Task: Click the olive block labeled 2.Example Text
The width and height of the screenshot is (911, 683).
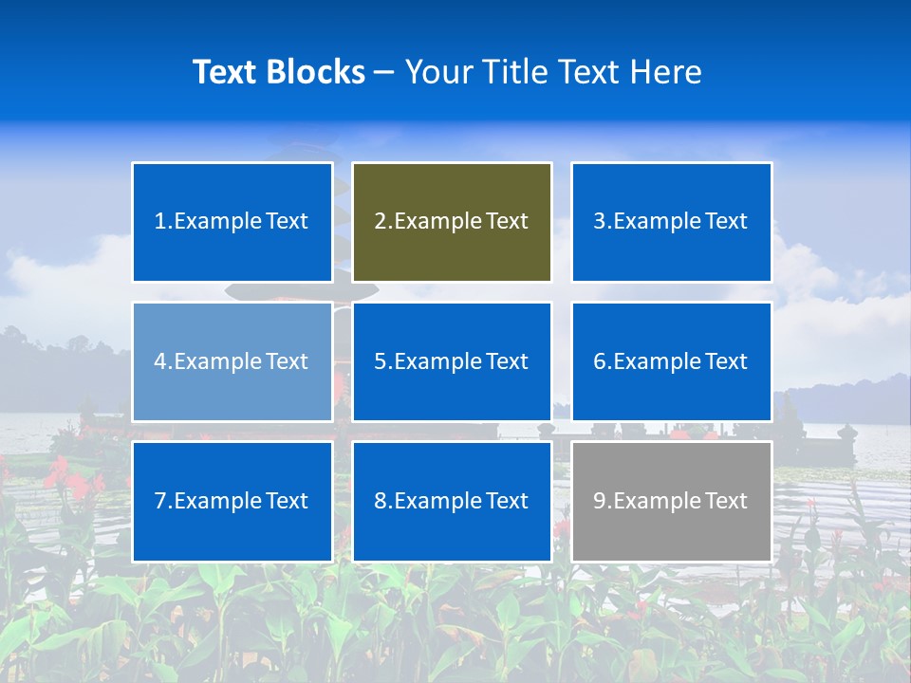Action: pos(452,222)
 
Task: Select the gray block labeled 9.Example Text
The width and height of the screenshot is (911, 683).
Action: pos(671,501)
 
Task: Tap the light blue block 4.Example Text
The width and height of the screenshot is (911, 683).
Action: pos(232,361)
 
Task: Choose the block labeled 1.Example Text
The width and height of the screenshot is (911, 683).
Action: pos(232,222)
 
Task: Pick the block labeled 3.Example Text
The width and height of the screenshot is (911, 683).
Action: pos(671,222)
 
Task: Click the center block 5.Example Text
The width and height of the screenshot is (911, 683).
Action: pos(452,361)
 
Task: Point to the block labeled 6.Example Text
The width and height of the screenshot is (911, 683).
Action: pos(671,361)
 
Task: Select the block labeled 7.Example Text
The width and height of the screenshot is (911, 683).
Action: pos(232,501)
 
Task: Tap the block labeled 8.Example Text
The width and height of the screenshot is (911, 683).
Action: pos(452,501)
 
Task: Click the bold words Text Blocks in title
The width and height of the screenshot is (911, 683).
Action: pos(279,72)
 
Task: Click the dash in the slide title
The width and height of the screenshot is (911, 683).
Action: pos(384,72)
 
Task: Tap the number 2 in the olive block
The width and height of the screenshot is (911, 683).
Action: pos(380,222)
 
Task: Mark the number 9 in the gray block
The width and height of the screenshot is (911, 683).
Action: pos(599,501)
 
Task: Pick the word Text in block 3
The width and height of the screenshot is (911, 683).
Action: pos(726,222)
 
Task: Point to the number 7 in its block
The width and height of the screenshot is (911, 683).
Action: pos(159,501)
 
